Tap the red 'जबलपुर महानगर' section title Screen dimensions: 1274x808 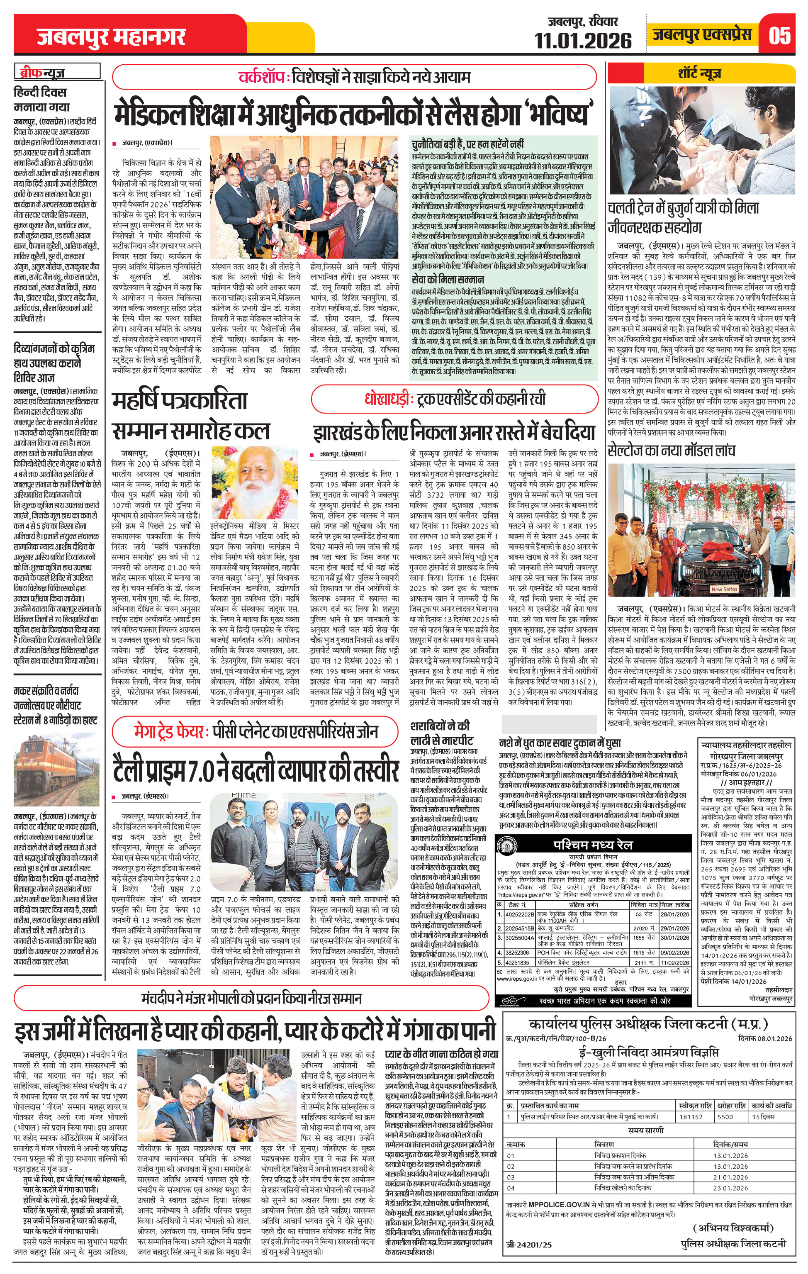pyautogui.click(x=111, y=37)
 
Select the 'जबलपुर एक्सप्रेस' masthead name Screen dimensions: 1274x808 pyautogui.click(x=702, y=35)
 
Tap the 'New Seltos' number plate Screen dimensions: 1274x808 pyautogui.click(x=723, y=589)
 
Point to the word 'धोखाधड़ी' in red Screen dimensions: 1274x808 pyautogui.click(x=387, y=399)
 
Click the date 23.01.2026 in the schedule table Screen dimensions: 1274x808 pyautogui.click(x=730, y=1169)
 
